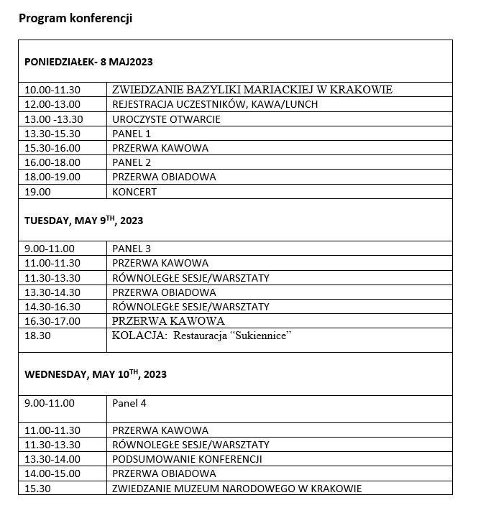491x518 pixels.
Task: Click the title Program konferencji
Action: (75, 19)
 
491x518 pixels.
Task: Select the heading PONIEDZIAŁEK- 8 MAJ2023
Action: (88, 61)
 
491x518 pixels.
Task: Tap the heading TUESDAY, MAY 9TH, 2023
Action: (84, 221)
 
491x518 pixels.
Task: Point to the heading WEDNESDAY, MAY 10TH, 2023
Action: (96, 374)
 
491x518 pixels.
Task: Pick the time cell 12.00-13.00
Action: (52, 104)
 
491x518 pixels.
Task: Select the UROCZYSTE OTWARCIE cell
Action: (166, 119)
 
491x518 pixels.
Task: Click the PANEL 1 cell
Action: (132, 134)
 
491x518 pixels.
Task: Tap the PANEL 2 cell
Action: (132, 162)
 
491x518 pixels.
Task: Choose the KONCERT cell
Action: (134, 192)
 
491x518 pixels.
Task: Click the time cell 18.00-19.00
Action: (52, 177)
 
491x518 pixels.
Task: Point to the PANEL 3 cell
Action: (132, 249)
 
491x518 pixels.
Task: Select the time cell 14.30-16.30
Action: (52, 307)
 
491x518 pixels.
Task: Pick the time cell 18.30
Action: (37, 336)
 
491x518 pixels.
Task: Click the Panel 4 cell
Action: (129, 403)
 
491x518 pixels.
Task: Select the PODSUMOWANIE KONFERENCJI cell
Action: (187, 459)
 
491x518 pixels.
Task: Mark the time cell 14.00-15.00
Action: (52, 473)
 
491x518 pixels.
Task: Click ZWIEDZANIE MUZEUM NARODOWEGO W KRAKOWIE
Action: (237, 489)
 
